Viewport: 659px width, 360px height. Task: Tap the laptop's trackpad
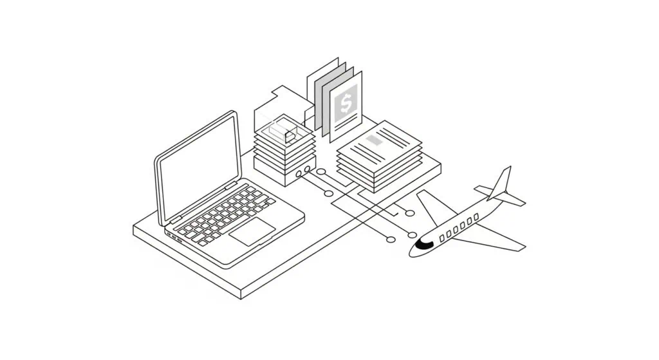point(253,231)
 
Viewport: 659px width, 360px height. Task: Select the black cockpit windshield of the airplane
point(424,243)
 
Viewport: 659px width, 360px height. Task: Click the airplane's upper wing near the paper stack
point(432,206)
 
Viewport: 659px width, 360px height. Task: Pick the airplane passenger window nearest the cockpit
point(442,238)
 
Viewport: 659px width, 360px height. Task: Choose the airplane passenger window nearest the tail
point(476,219)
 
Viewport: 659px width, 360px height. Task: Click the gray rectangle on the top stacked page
point(374,138)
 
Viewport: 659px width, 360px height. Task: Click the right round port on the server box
point(307,170)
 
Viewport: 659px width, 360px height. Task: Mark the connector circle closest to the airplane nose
point(412,234)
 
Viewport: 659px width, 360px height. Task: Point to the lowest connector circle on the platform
point(390,240)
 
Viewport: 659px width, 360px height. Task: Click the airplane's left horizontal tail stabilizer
point(483,189)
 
